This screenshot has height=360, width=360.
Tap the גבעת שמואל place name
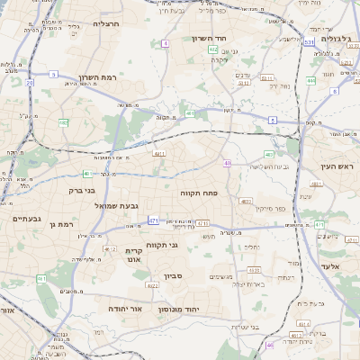tap(115, 204)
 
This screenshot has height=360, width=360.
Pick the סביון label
tap(173, 276)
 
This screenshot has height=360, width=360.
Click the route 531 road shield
tap(308, 41)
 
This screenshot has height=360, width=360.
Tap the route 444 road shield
tap(310, 81)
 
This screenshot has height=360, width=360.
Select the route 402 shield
tap(213, 49)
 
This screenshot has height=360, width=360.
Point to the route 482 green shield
tap(63, 122)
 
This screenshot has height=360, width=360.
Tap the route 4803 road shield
tap(246, 202)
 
